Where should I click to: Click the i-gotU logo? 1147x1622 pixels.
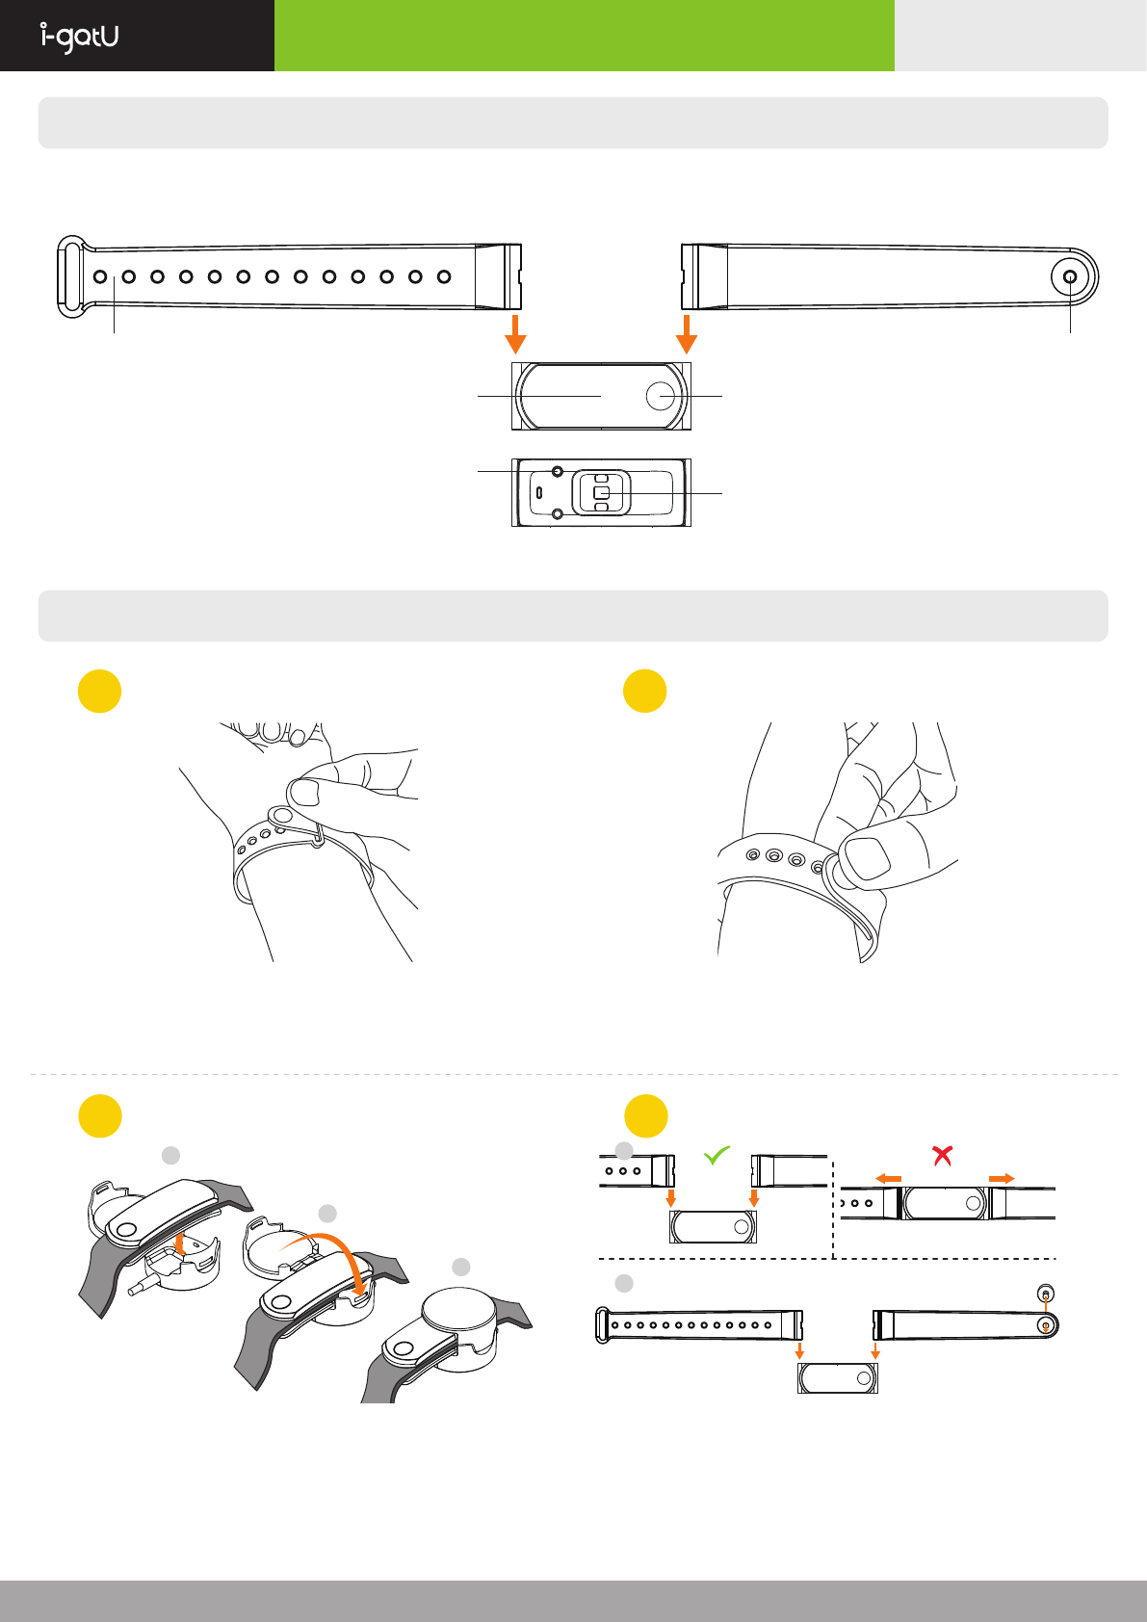(x=80, y=37)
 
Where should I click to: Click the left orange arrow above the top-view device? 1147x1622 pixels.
(x=516, y=332)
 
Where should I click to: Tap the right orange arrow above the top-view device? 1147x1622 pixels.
(x=686, y=332)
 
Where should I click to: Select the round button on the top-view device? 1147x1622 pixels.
(x=661, y=396)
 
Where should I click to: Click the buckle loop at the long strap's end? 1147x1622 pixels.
(x=69, y=276)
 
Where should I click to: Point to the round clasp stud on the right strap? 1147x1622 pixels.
(x=1070, y=277)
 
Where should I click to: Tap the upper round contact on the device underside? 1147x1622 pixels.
(x=558, y=471)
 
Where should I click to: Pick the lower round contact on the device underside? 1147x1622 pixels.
(x=558, y=514)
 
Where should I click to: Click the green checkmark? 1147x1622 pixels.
(x=717, y=1155)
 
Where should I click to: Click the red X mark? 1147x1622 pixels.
(x=943, y=1155)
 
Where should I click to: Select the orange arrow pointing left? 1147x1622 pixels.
(x=888, y=1179)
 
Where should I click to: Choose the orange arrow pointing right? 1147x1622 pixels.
(x=1002, y=1179)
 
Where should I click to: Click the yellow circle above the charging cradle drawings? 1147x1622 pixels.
(x=99, y=1116)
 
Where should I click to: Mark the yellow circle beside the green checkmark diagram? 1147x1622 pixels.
(x=645, y=1116)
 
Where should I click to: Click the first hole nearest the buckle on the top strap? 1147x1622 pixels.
(x=100, y=277)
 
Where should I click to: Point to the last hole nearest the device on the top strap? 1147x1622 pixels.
(x=444, y=277)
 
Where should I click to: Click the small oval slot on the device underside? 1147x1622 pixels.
(x=539, y=493)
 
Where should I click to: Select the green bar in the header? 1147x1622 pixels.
(x=584, y=36)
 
